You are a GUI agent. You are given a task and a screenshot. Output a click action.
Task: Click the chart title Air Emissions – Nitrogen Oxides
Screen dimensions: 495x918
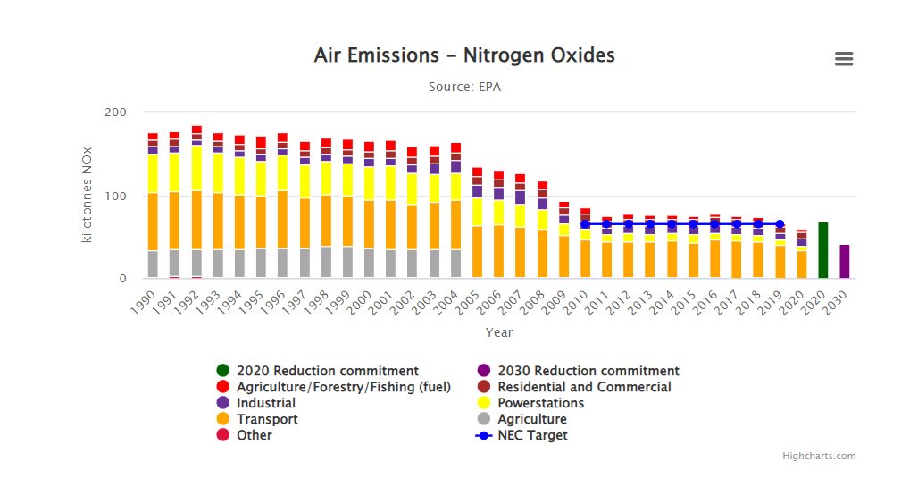point(464,55)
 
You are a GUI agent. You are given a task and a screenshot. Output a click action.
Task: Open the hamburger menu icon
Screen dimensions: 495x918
point(844,59)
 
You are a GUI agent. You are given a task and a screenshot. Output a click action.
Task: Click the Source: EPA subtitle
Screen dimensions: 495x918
point(464,87)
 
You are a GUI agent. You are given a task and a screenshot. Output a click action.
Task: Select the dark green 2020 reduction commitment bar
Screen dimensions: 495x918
point(823,250)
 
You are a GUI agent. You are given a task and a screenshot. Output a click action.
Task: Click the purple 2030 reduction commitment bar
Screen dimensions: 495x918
point(845,261)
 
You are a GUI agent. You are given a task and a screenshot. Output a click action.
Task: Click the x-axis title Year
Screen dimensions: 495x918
point(499,332)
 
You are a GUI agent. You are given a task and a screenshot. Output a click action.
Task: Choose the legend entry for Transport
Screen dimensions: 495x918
point(267,419)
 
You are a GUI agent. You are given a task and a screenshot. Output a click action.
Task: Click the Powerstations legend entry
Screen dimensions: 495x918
point(540,403)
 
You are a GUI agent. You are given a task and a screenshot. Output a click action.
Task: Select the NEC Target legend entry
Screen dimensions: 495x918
point(532,435)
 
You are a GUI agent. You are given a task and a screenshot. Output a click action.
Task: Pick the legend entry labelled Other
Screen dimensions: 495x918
point(255,435)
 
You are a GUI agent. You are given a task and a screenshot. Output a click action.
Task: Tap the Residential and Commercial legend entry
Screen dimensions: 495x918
point(584,387)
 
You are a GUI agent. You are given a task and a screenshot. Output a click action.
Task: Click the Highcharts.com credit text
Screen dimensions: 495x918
point(819,456)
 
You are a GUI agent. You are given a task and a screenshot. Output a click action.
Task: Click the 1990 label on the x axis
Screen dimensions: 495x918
point(144,299)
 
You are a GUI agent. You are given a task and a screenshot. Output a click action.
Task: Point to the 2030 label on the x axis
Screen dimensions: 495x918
point(836,299)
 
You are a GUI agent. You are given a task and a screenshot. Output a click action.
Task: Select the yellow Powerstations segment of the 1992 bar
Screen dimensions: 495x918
point(196,168)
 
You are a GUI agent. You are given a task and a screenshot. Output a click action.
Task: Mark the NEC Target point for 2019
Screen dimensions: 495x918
point(780,224)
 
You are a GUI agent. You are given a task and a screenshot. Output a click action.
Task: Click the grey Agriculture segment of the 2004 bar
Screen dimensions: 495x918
point(455,264)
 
